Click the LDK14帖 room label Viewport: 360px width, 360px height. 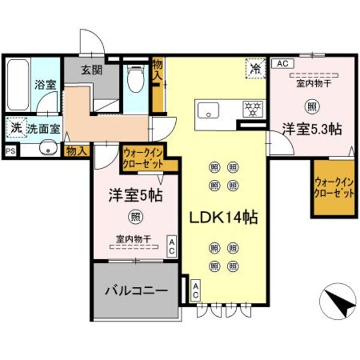224,218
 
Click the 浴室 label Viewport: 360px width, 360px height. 45,85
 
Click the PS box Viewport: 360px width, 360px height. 10,152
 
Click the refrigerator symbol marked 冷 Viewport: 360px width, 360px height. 256,69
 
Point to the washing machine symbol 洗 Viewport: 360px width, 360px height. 15,127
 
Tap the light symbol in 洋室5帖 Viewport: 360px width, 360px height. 136,217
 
